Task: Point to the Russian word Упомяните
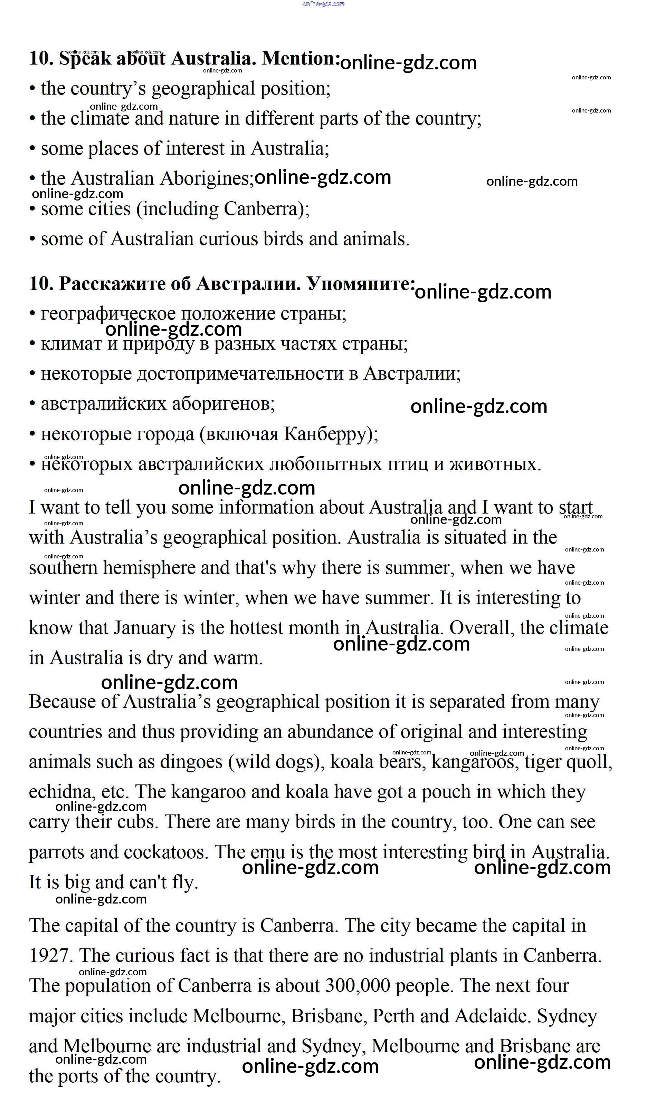coord(361,284)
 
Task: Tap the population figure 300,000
coord(357,985)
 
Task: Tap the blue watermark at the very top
coord(323,4)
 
